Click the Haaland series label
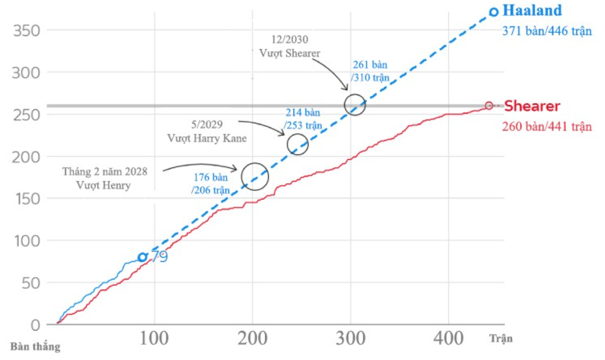[532, 10]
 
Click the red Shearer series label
[532, 107]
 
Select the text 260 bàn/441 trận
[547, 127]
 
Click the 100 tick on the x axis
[154, 338]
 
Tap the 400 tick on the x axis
[449, 338]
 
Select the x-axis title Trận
[501, 338]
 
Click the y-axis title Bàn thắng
[35, 347]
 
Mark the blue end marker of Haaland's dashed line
[494, 12]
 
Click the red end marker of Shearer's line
[489, 106]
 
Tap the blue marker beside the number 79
[142, 257]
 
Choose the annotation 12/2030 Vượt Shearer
[289, 46]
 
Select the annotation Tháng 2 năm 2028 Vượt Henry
[104, 178]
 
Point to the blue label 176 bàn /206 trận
[211, 184]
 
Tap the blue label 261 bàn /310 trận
[370, 71]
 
